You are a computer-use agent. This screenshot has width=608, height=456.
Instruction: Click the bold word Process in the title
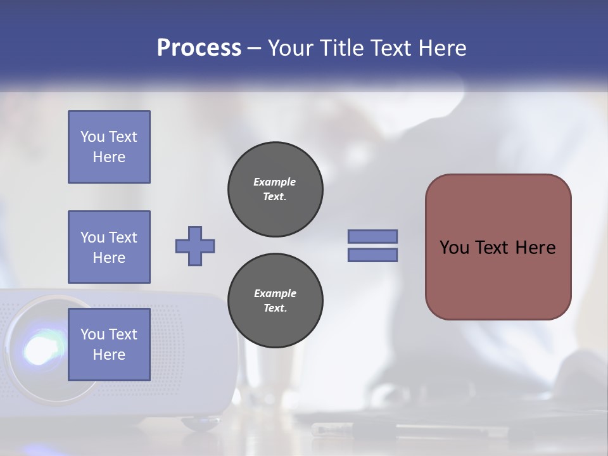199,48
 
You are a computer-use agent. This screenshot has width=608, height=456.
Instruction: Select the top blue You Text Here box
109,147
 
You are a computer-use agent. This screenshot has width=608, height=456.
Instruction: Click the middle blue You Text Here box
109,247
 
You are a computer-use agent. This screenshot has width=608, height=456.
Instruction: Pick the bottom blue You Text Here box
109,344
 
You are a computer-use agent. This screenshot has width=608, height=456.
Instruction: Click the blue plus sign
195,246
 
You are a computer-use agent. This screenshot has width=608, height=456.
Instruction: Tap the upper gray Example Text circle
275,189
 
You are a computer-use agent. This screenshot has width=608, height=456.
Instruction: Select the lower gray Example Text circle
275,301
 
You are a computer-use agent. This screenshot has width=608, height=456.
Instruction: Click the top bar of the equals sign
372,236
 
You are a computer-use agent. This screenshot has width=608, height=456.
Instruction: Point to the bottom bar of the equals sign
372,255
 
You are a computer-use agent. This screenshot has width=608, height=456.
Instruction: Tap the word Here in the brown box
535,248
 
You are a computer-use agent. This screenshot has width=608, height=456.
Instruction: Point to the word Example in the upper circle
275,182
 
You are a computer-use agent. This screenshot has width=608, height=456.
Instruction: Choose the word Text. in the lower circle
275,308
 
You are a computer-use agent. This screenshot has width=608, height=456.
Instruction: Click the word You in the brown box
453,248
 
